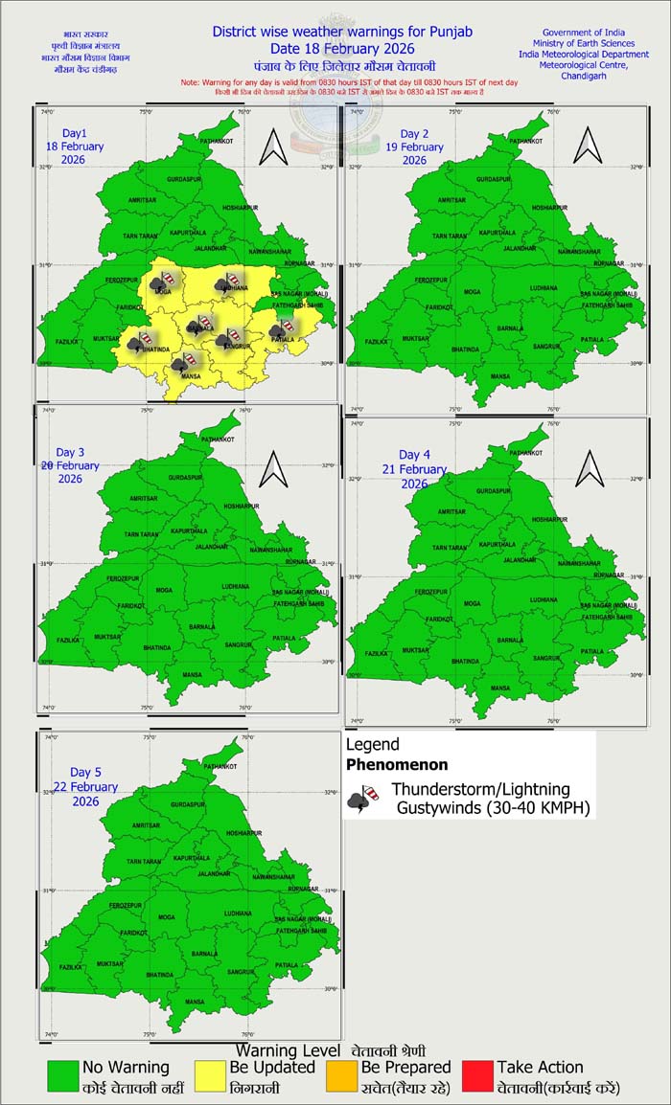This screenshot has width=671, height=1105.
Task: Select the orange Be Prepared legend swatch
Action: coord(342,1076)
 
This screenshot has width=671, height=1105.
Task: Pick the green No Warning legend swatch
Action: coord(63,1076)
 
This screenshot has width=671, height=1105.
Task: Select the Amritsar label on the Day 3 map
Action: coord(143,498)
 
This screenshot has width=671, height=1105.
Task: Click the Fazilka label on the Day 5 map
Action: coord(70,968)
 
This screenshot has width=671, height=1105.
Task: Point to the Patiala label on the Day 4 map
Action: coord(593,651)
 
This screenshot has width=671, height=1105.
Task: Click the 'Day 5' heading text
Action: coord(85,772)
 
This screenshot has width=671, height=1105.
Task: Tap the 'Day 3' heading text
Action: coord(70,452)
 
